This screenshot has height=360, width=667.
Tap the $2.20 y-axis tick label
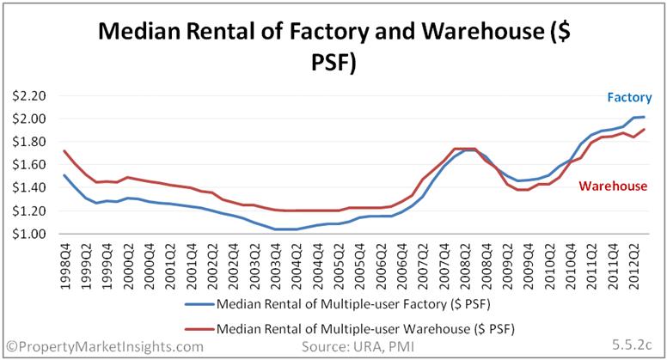pos(29,96)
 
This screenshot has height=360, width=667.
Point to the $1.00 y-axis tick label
pos(29,234)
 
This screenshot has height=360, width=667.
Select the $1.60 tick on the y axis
pos(29,164)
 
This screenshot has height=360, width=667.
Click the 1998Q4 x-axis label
pos(65,266)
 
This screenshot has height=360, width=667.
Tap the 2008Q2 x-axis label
pos(465,266)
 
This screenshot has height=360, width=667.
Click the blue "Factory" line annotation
pos(629,97)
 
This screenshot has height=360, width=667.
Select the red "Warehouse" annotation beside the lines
pos(613,186)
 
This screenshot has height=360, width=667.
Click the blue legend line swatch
pos(200,304)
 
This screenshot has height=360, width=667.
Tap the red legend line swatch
pos(200,329)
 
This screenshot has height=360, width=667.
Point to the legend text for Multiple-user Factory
pos(353,304)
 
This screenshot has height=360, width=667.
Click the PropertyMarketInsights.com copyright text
pos(105,347)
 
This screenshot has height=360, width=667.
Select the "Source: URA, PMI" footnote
pos(358,347)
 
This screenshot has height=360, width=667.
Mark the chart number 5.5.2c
pos(632,345)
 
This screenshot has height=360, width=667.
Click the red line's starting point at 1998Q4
pos(64,150)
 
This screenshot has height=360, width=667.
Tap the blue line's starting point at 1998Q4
pos(64,174)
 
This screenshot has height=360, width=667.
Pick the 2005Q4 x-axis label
pos(360,266)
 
